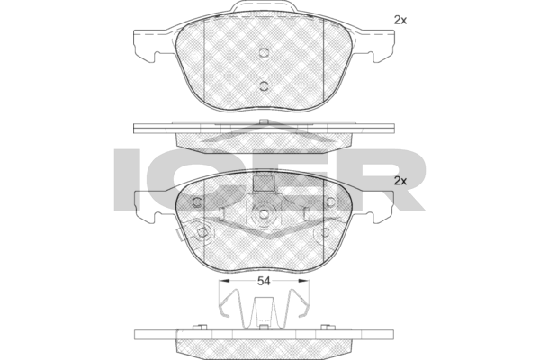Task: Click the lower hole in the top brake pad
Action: click(x=264, y=85)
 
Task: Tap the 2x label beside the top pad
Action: click(x=400, y=19)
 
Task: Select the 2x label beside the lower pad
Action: click(x=400, y=181)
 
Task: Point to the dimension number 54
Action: click(x=264, y=282)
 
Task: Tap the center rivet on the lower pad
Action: click(x=264, y=215)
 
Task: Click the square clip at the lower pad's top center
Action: click(x=264, y=184)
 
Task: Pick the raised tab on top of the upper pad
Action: click(x=264, y=11)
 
